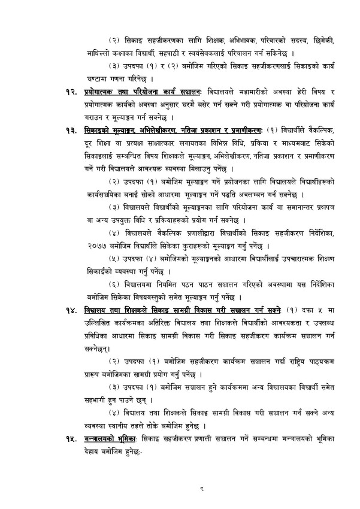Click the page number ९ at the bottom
click(203, 488)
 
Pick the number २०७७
click(95, 245)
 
